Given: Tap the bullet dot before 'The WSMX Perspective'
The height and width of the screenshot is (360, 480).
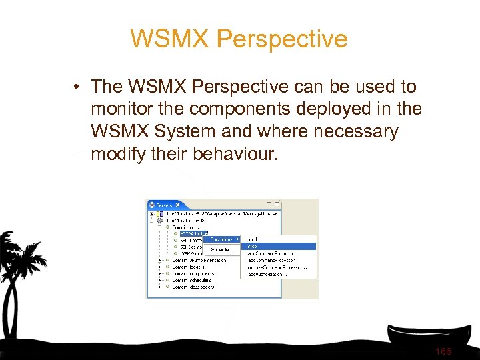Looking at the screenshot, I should (78, 87).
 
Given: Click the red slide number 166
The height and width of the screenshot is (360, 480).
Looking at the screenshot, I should (443, 351).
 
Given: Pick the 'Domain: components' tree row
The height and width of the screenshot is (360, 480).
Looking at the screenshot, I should (194, 273).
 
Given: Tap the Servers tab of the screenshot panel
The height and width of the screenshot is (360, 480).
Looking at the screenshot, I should (164, 204).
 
